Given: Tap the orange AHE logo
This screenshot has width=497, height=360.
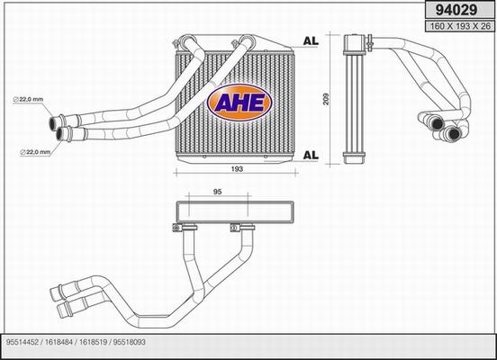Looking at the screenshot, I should [x=238, y=102].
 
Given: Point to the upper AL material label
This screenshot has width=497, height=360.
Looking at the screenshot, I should [x=310, y=41].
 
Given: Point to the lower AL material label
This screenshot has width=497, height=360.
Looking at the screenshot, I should [x=310, y=155].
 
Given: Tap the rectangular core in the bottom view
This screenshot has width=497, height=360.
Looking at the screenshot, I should [x=235, y=213].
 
